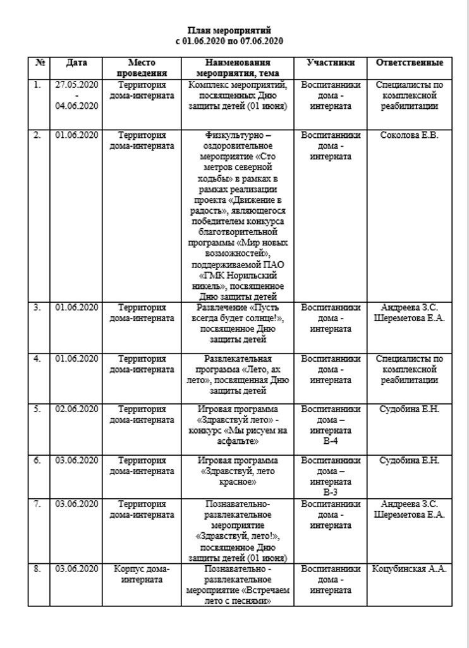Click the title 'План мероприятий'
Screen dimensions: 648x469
[230, 30]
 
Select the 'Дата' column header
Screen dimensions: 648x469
[76, 63]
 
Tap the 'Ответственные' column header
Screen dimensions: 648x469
[409, 63]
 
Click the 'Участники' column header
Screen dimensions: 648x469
[330, 63]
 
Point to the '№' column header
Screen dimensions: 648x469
[39, 63]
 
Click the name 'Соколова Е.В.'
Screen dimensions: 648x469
[409, 135]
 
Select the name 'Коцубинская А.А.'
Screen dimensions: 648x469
[409, 569]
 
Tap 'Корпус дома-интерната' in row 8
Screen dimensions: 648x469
[142, 574]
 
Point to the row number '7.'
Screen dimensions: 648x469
[37, 504]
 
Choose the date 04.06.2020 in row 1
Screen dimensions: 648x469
[76, 106]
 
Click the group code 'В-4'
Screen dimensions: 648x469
[330, 441]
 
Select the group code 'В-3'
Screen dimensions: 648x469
[330, 491]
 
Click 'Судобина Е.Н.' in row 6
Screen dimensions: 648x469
[409, 461]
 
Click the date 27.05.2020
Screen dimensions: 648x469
[76, 85]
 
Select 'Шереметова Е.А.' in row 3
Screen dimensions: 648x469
[409, 319]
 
